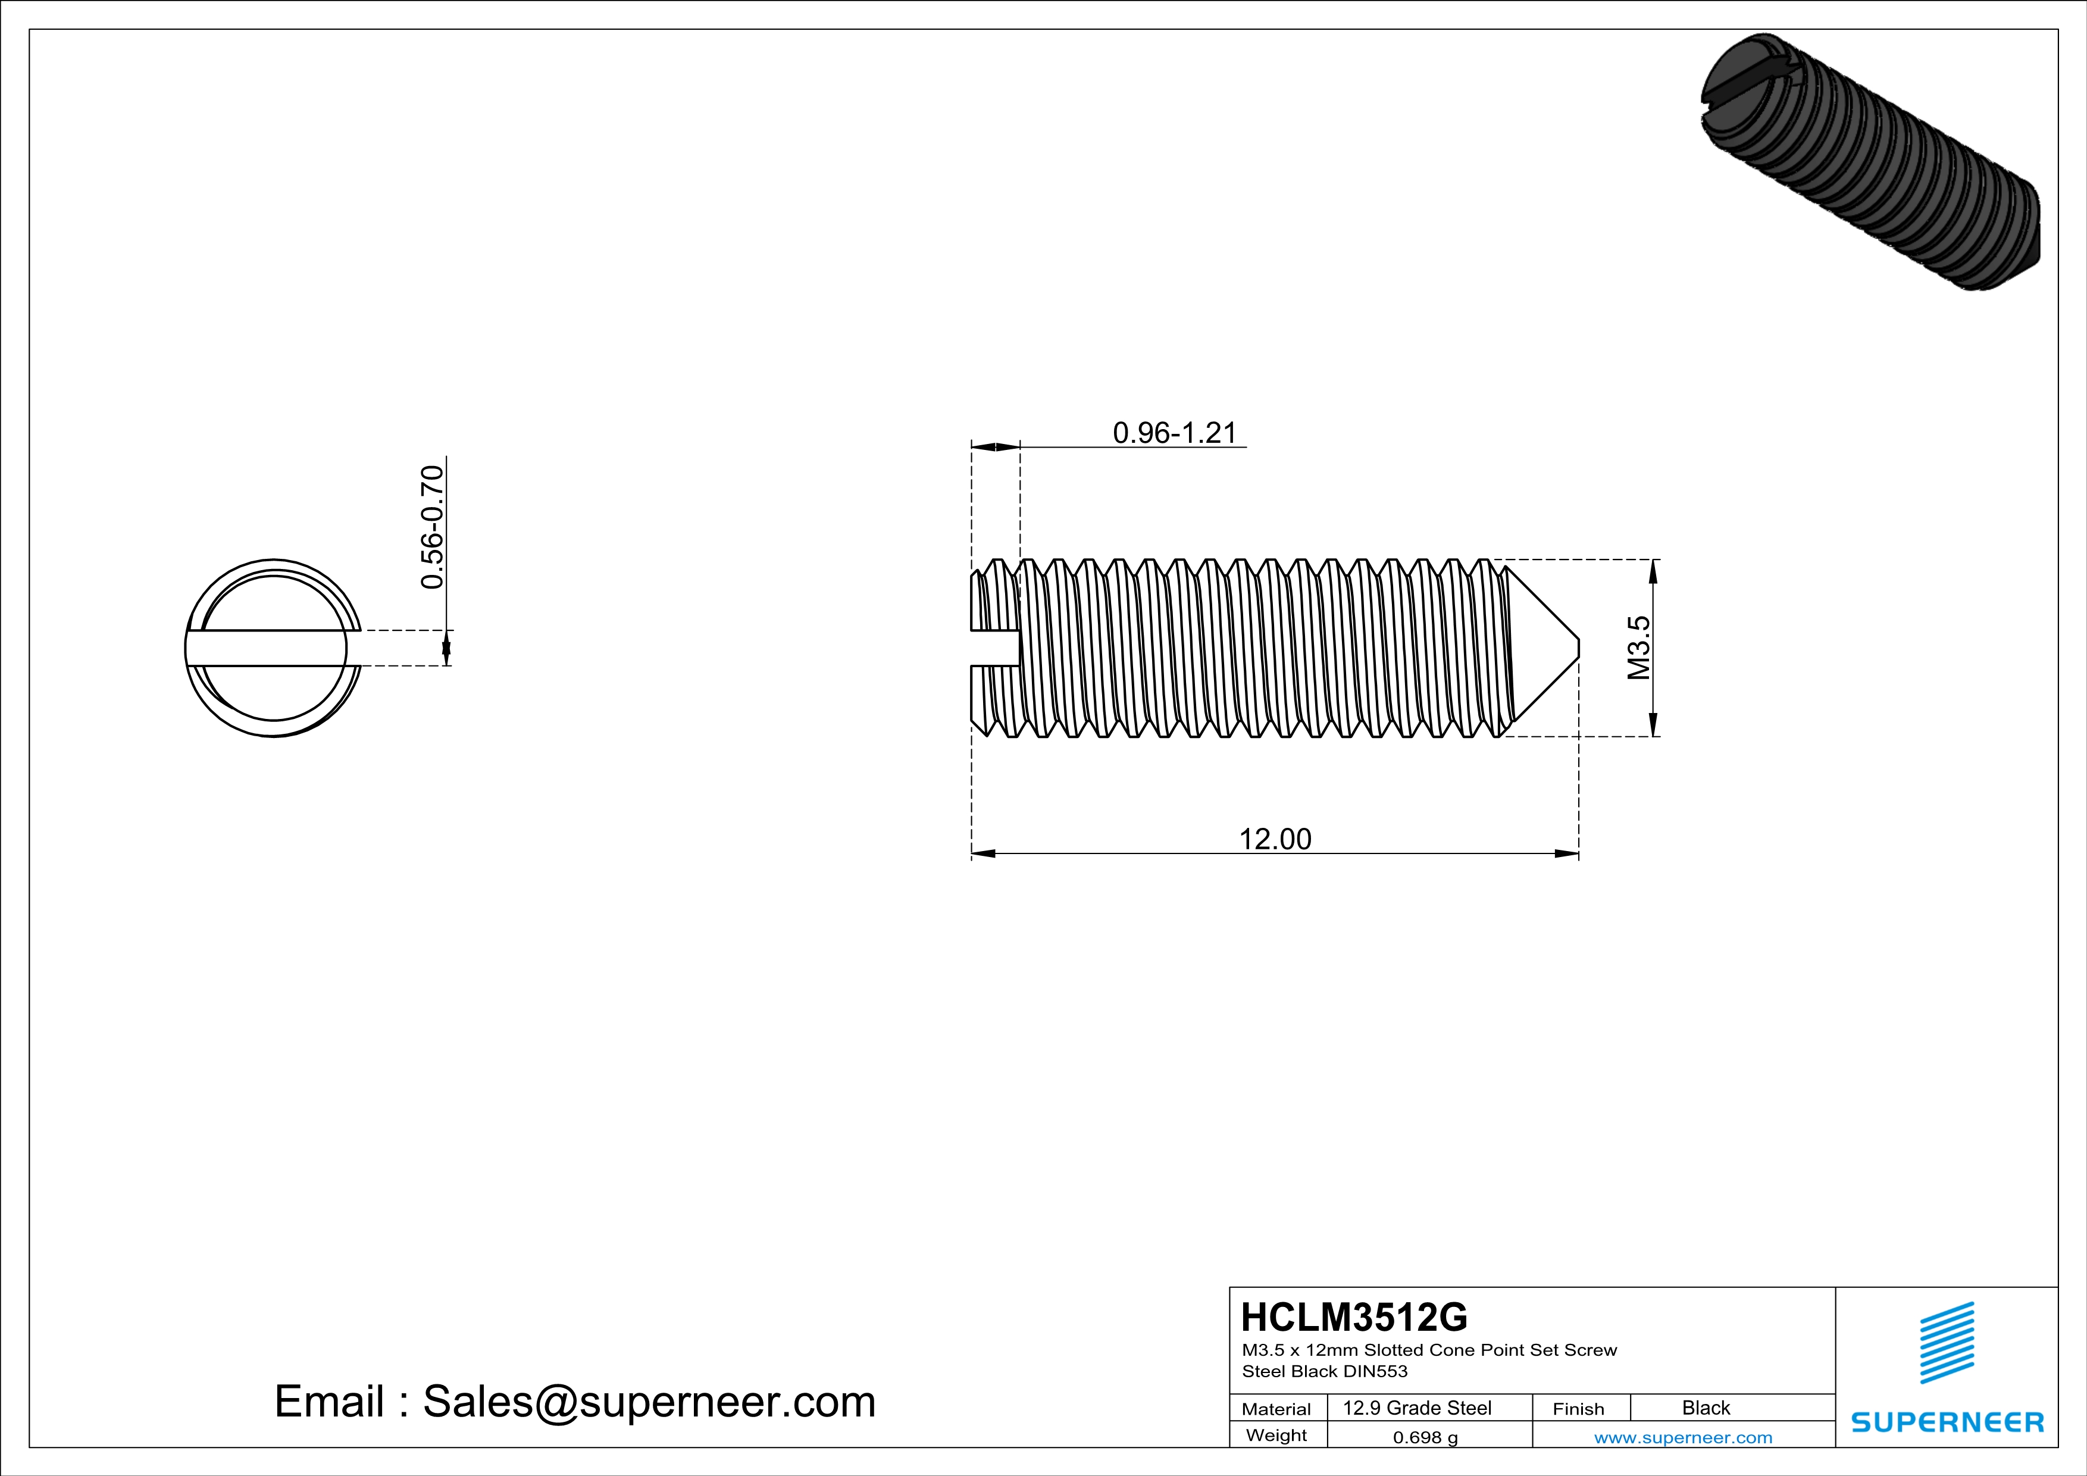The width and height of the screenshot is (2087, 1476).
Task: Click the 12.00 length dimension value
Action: (1275, 839)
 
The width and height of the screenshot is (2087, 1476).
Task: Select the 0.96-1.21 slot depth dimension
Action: (1175, 433)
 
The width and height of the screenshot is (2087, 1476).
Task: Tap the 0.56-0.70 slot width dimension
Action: (433, 527)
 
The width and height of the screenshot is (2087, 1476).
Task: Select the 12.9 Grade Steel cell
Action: (1417, 1408)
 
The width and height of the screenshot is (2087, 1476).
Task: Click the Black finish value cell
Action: (1706, 1408)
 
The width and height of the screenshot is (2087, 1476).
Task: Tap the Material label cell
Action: (1276, 1409)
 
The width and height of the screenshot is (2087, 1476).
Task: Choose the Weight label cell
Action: (1276, 1435)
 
